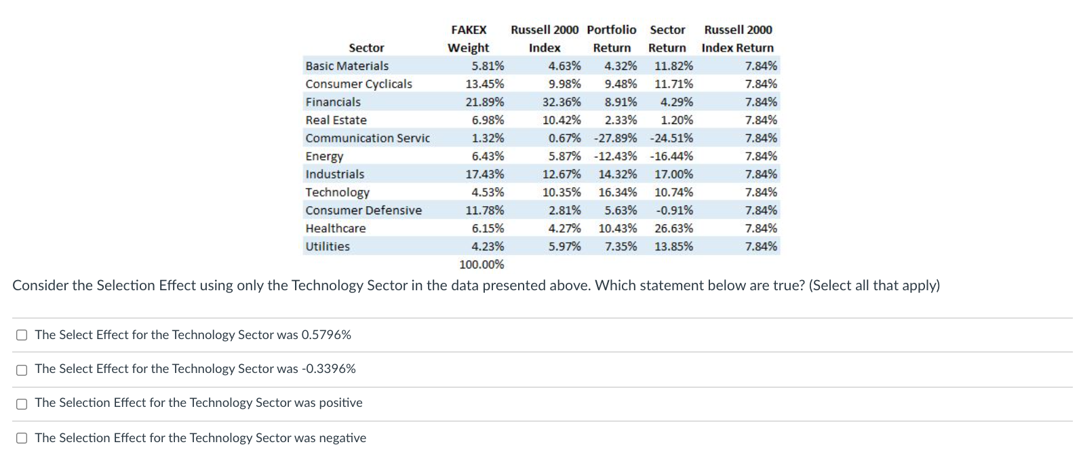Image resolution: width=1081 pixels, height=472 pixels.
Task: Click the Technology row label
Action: pos(337,193)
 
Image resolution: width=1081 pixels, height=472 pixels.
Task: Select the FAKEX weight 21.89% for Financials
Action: pos(484,102)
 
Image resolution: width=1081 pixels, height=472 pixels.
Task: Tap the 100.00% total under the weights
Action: pos(481,264)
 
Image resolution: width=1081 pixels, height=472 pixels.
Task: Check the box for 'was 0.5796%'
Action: pos(22,335)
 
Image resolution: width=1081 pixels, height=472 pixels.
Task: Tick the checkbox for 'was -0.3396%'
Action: pos(22,370)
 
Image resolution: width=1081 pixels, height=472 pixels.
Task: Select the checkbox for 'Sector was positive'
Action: pos(22,404)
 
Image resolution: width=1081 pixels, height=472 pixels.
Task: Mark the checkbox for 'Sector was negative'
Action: pos(22,438)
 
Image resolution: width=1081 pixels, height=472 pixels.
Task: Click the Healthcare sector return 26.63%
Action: pos(673,229)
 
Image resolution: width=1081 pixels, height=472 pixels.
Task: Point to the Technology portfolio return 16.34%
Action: pos(617,193)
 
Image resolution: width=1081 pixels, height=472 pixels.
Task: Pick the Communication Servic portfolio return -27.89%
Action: pos(615,138)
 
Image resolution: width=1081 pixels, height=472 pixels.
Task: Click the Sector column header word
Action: pos(366,48)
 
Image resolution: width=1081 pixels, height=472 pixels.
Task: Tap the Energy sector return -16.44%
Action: pos(671,157)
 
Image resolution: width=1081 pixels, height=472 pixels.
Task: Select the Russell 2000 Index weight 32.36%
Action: pos(561,102)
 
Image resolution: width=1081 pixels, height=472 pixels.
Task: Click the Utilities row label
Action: pos(328,247)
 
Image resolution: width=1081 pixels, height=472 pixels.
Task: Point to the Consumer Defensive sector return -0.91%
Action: pos(674,211)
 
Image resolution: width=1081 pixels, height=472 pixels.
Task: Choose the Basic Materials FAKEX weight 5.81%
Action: pos(488,66)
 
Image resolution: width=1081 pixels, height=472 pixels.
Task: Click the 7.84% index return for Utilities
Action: pos(761,247)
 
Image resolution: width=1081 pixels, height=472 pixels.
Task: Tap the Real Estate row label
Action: pos(336,120)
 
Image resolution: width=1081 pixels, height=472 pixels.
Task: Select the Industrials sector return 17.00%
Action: pos(673,174)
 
